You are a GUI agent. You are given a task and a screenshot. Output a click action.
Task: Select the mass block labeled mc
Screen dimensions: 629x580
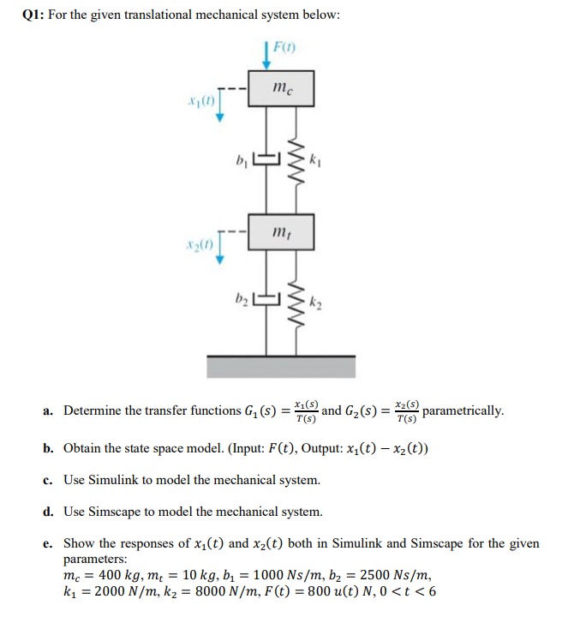point(281,88)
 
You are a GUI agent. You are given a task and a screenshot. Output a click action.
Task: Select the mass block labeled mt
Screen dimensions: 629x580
point(281,232)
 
